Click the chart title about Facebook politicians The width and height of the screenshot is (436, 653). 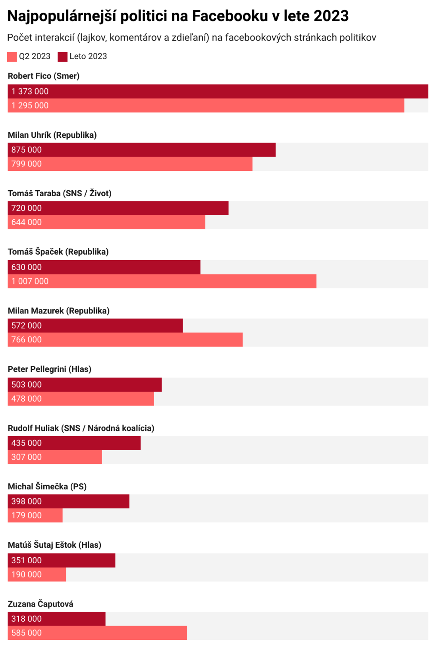click(178, 16)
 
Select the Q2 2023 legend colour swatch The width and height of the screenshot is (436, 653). click(12, 57)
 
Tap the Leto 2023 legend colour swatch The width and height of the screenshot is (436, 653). click(62, 57)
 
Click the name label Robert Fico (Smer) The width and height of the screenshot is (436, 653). click(44, 76)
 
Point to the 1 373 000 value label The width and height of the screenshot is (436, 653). click(30, 91)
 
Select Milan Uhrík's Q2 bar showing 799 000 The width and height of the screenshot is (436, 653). click(130, 164)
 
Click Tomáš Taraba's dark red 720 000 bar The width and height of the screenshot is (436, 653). click(118, 208)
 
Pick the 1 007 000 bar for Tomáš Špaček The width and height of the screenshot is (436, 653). click(162, 281)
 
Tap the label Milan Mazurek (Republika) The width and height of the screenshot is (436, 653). click(58, 311)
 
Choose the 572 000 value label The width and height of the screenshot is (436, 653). click(27, 326)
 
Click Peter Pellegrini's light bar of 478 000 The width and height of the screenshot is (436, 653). click(81, 399)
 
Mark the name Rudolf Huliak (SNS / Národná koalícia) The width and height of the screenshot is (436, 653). click(81, 428)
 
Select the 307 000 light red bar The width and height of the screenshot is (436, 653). click(55, 457)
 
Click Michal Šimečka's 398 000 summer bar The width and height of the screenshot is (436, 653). click(68, 501)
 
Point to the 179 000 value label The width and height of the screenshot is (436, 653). click(27, 516)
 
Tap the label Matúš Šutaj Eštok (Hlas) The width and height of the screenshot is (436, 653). click(54, 545)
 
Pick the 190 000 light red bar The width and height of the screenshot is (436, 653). click(37, 575)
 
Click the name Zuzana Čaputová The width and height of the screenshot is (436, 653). click(41, 604)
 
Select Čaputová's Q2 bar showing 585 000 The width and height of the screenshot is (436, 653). click(97, 633)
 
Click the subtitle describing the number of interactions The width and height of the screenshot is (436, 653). click(191, 38)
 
